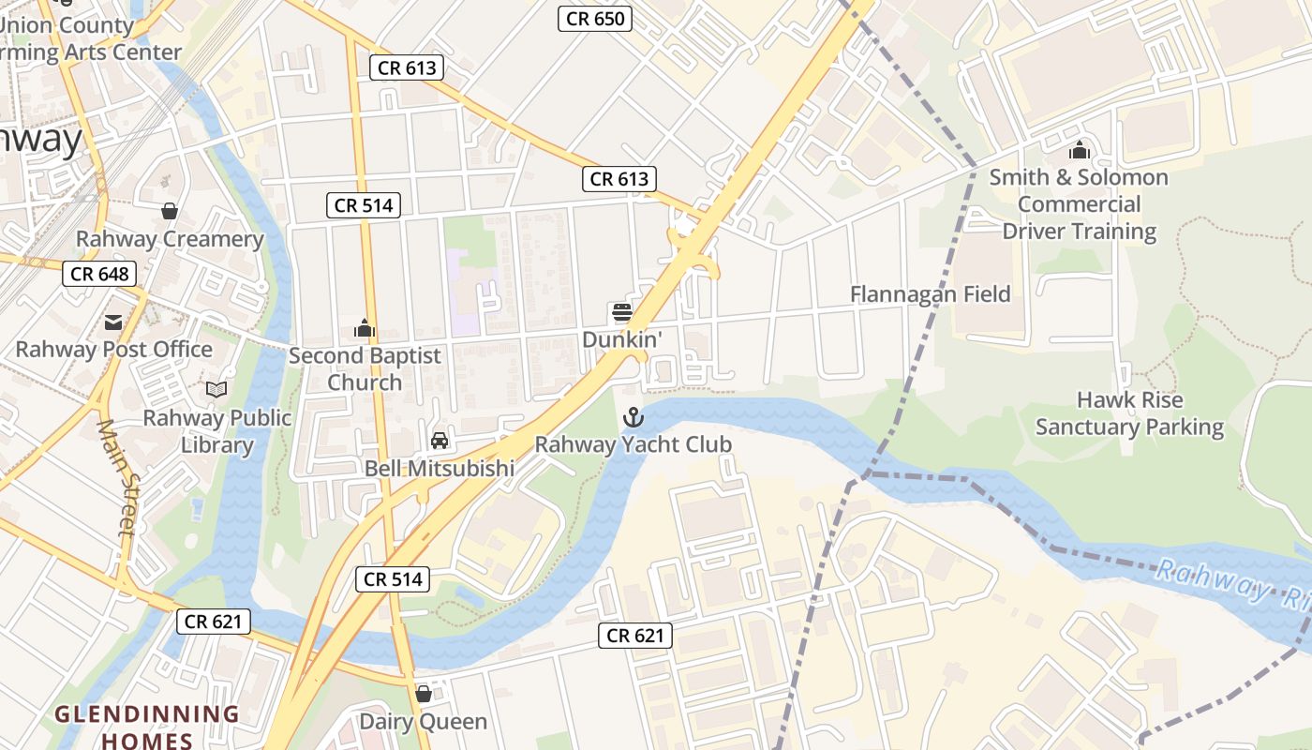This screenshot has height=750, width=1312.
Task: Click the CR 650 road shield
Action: click(x=595, y=19)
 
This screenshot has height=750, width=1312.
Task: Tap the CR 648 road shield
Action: click(x=100, y=274)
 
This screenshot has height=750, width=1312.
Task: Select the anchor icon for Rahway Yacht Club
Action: click(x=634, y=416)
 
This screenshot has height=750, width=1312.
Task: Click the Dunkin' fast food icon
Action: click(x=622, y=312)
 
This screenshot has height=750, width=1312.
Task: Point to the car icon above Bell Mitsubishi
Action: click(x=439, y=441)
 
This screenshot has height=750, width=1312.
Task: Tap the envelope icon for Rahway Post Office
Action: click(x=113, y=322)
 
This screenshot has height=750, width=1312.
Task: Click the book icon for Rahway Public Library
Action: click(x=216, y=389)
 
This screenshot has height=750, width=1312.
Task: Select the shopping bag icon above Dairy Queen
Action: click(x=424, y=694)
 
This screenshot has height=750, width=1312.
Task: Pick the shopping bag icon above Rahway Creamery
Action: click(x=170, y=211)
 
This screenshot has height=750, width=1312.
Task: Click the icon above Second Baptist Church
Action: click(x=364, y=328)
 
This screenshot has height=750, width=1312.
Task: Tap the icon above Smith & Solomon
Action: click(x=1079, y=150)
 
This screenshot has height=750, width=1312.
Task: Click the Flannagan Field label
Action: click(x=930, y=294)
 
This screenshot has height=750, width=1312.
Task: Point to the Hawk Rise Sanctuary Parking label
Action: click(x=1129, y=413)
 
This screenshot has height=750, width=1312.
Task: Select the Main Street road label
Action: click(x=117, y=478)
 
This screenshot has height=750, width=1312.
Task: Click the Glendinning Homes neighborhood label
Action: click(x=146, y=727)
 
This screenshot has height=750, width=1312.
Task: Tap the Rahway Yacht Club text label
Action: click(x=633, y=444)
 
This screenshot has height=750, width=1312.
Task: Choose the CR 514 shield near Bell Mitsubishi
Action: click(x=394, y=579)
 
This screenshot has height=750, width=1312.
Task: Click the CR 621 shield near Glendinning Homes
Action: click(x=214, y=621)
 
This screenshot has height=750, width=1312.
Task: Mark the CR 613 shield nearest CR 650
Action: click(x=406, y=67)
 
